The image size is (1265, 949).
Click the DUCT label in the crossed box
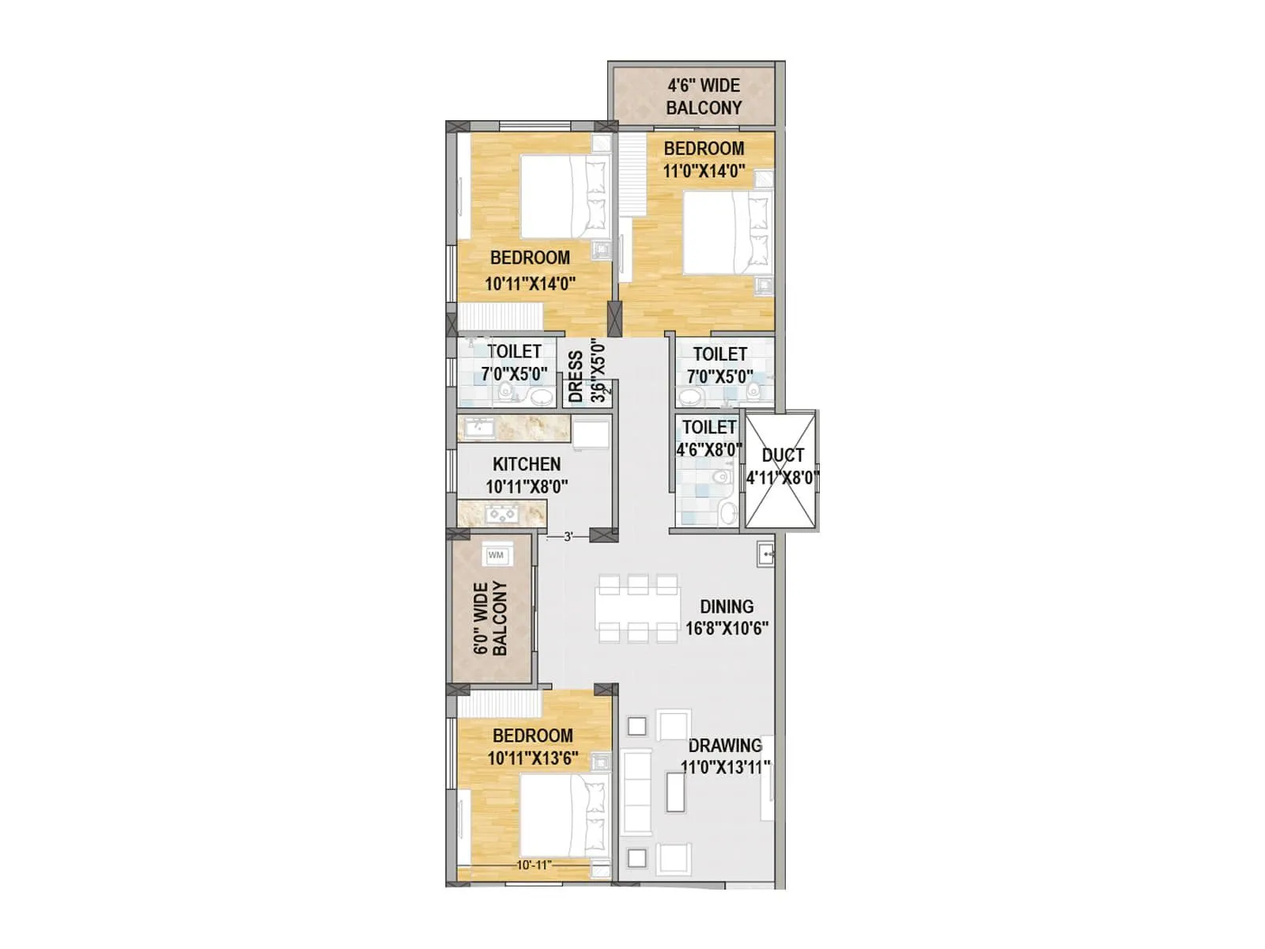(x=783, y=456)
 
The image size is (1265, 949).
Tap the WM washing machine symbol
(x=497, y=555)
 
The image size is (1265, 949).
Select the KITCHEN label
(x=527, y=464)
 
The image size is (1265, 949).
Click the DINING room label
(x=726, y=607)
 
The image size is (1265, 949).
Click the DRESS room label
(x=576, y=377)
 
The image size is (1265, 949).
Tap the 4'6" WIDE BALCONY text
(x=704, y=96)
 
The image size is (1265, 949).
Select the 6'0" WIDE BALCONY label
(x=490, y=618)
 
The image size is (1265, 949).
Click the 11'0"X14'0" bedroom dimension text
(x=704, y=171)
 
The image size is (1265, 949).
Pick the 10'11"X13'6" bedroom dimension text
(x=533, y=758)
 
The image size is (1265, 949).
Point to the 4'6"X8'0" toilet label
(x=709, y=450)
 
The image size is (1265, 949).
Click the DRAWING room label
(x=725, y=746)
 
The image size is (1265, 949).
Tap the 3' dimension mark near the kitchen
(x=568, y=538)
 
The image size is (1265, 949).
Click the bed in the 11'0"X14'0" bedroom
(x=724, y=233)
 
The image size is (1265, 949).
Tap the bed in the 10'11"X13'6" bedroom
(x=562, y=815)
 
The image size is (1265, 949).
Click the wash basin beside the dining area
(x=765, y=554)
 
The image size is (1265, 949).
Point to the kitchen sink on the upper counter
(x=479, y=428)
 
